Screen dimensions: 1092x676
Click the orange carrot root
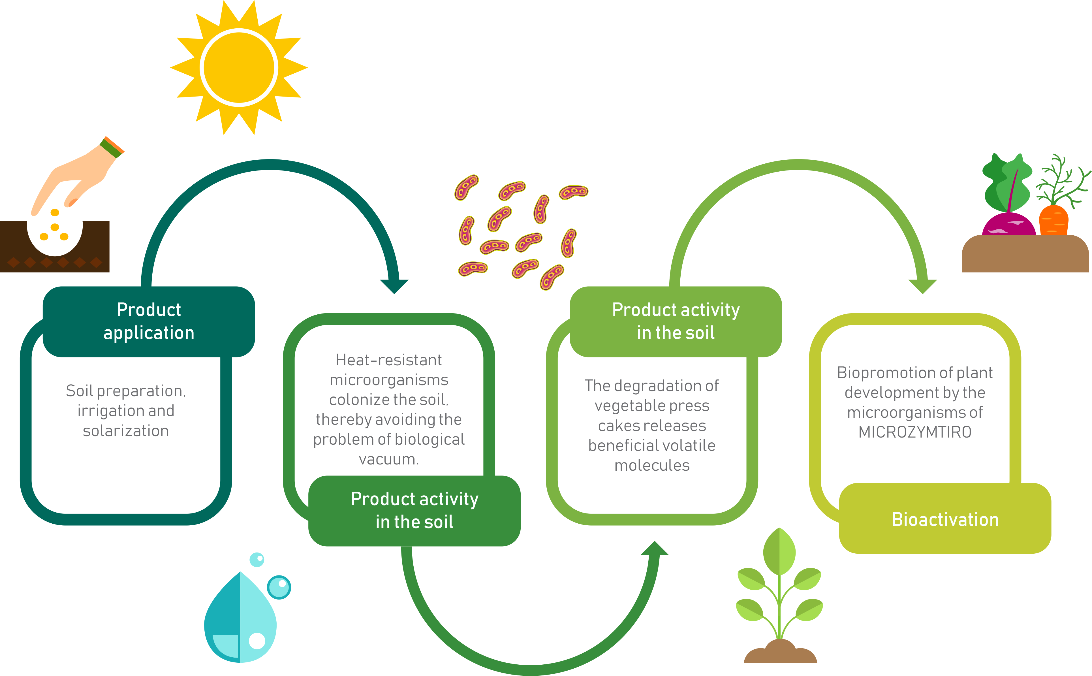(x=1053, y=220)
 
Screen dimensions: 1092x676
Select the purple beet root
(x=1008, y=225)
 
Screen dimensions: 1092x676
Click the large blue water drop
(x=240, y=617)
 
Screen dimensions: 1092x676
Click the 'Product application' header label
(x=149, y=321)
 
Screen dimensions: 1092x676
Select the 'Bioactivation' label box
(x=945, y=519)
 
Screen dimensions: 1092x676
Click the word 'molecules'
(x=652, y=465)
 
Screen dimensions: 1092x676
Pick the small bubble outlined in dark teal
(x=279, y=587)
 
